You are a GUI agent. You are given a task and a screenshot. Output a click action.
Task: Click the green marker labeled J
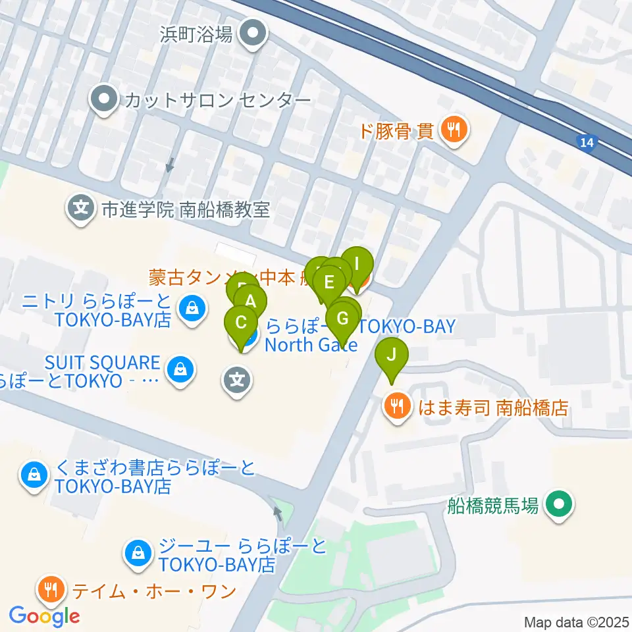coord(392,356)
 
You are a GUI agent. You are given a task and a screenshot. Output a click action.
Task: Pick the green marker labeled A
coord(251,302)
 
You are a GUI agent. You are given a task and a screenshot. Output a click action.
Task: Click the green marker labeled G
coord(342,319)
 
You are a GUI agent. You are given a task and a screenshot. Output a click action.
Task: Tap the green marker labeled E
coord(329,284)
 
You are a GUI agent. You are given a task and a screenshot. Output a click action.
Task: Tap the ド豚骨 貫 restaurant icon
coord(454,130)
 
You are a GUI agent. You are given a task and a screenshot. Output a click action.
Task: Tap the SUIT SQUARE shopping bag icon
coord(179,371)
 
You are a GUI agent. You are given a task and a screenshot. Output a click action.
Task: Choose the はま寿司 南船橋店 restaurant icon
coord(396,407)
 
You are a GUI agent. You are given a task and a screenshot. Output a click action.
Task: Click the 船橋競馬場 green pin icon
coord(560,506)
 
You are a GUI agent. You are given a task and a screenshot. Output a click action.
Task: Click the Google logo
coord(45,616)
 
